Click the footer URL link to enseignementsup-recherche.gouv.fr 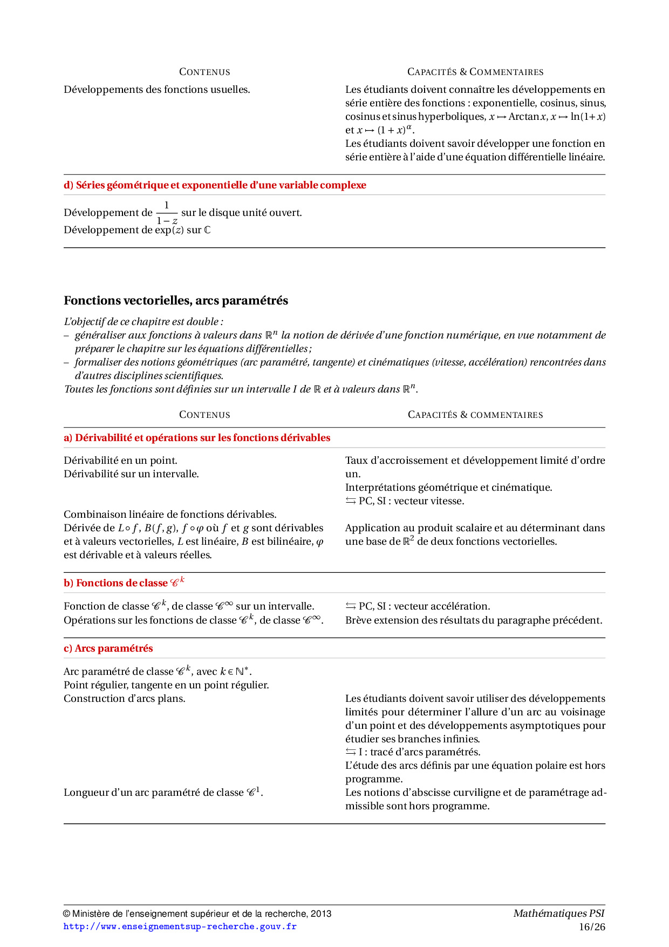pyautogui.click(x=180, y=926)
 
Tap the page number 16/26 pyautogui.click(x=592, y=927)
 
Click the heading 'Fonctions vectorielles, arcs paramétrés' pyautogui.click(x=176, y=301)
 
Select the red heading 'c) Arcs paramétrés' pyautogui.click(x=108, y=648)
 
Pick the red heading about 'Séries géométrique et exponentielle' pyautogui.click(x=215, y=185)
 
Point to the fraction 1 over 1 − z pyautogui.click(x=167, y=213)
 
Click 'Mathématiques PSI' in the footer pyautogui.click(x=559, y=914)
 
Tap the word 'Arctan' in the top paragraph pyautogui.click(x=524, y=117)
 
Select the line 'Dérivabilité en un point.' pyautogui.click(x=120, y=461)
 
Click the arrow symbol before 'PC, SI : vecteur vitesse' pyautogui.click(x=351, y=501)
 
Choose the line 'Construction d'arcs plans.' pyautogui.click(x=125, y=699)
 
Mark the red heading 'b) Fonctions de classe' pyautogui.click(x=124, y=583)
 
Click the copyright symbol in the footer pyautogui.click(x=67, y=914)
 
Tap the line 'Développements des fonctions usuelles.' pyautogui.click(x=157, y=90)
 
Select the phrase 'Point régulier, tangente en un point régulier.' pyautogui.click(x=166, y=685)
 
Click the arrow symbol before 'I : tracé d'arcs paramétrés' pyautogui.click(x=351, y=752)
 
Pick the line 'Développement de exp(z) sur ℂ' pyautogui.click(x=137, y=230)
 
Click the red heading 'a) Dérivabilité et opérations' pyautogui.click(x=197, y=438)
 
